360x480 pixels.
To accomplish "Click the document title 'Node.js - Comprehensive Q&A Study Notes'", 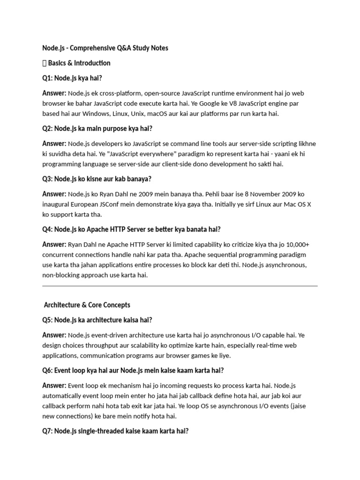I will tap(105, 48).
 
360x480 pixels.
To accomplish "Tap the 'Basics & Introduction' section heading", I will tap(79, 63).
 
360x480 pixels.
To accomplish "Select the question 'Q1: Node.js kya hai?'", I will tap(72, 78).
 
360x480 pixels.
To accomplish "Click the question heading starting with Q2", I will tap(97, 128).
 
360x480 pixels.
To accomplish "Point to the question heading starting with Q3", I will tap(97, 179).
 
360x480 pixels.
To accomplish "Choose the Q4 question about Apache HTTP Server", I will tap(131, 229).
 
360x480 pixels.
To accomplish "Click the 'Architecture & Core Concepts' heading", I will tap(87, 305).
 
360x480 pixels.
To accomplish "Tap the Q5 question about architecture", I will tap(97, 320).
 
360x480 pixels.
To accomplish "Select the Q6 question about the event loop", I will tap(133, 370).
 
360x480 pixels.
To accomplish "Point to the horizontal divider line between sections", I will tap(180, 285).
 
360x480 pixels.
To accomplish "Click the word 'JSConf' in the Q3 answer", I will tap(110, 204).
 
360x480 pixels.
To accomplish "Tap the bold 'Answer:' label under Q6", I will tap(54, 385).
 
